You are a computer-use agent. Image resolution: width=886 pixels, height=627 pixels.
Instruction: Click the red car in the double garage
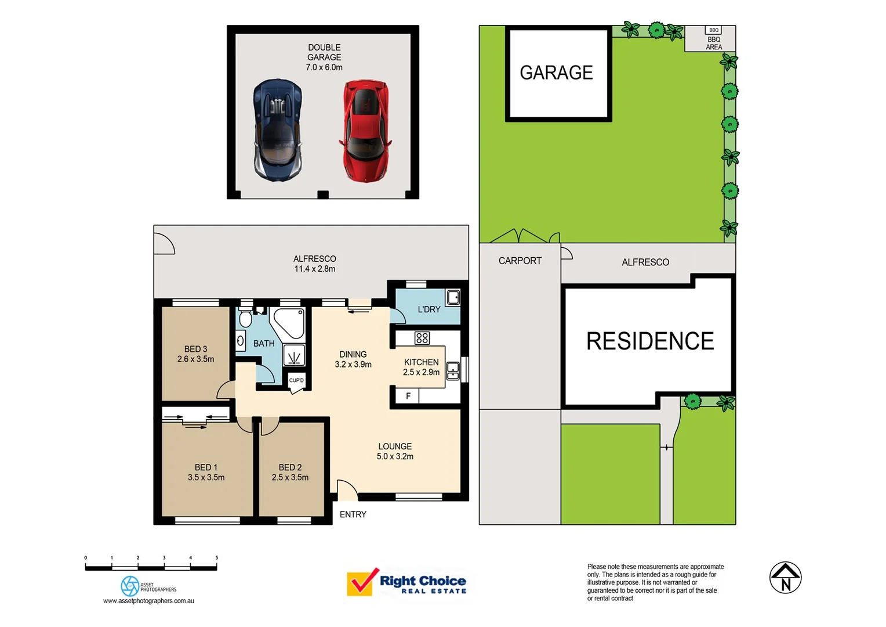click(x=365, y=130)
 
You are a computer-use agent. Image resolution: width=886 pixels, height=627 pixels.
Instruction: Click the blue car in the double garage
click(x=277, y=130)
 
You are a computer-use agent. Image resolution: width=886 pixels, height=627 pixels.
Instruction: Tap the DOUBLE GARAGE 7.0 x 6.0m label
click(x=324, y=57)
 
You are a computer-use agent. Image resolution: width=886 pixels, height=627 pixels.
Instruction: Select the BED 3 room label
click(x=195, y=349)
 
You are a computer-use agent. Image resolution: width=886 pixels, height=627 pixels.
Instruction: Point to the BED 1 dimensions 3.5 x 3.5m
click(x=206, y=478)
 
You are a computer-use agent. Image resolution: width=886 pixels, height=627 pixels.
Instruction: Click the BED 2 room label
click(x=290, y=467)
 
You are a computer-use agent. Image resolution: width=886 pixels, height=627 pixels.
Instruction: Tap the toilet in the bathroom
click(x=245, y=319)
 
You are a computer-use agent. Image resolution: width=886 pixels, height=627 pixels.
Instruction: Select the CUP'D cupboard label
click(x=296, y=380)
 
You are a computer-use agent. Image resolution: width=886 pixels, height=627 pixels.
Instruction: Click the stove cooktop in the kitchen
click(x=422, y=338)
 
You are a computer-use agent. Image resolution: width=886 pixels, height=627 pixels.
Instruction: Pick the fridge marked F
click(x=408, y=396)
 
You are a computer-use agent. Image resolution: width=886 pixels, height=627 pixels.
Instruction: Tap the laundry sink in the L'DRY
click(x=453, y=297)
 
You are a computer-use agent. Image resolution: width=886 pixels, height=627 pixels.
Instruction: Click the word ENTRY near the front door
click(x=353, y=514)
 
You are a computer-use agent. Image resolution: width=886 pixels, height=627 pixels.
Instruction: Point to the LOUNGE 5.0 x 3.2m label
click(x=395, y=452)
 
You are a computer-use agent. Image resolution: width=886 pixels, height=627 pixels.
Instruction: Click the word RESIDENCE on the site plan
click(x=650, y=341)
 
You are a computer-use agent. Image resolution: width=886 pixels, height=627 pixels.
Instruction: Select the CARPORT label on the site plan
click(x=520, y=261)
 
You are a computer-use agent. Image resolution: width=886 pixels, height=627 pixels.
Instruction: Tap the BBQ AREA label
click(x=714, y=44)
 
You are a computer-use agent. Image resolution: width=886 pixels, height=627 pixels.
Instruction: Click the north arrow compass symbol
click(x=785, y=578)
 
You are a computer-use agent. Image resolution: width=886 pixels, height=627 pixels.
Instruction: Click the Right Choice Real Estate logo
click(x=406, y=582)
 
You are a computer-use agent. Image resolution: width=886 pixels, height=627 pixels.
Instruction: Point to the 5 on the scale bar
click(x=217, y=558)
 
